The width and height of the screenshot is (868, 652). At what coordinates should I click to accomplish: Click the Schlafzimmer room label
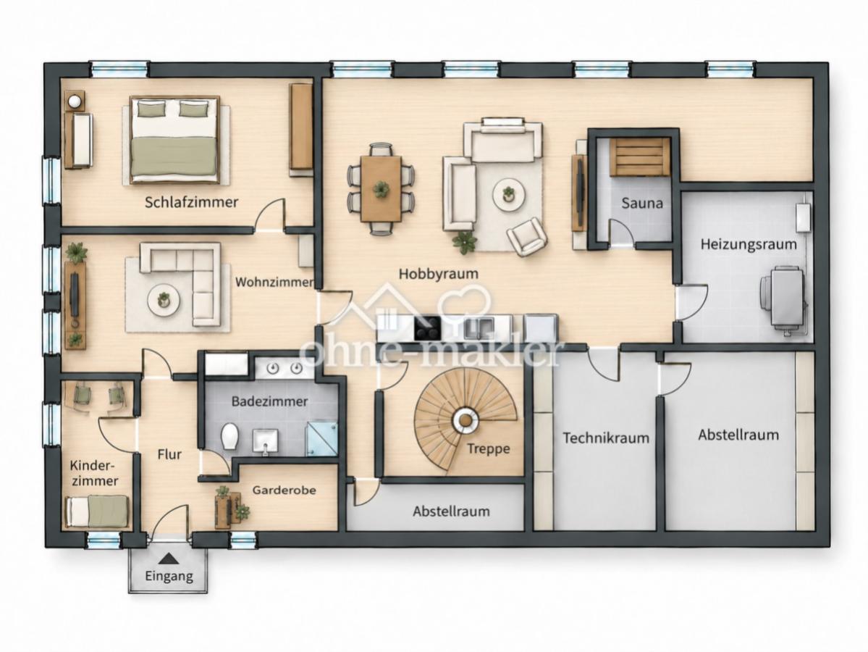[192, 202]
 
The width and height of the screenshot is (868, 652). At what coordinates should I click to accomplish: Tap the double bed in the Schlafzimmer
[175, 140]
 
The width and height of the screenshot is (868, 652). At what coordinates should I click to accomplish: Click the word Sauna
[642, 203]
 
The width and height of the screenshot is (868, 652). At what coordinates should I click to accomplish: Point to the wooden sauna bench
[639, 156]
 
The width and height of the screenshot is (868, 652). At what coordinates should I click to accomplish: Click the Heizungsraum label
[749, 243]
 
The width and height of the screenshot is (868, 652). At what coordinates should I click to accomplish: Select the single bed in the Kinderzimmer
[98, 511]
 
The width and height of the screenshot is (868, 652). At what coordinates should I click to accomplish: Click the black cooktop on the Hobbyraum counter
[427, 328]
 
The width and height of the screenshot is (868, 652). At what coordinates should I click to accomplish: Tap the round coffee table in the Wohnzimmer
[164, 300]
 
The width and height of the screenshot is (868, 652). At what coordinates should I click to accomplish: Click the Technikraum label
[606, 438]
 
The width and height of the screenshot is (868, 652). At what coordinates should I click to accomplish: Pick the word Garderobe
[284, 490]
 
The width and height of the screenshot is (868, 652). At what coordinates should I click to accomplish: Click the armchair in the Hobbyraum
[527, 237]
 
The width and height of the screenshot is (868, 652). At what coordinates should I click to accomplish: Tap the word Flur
[169, 455]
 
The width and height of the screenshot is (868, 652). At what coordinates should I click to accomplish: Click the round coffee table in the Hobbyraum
[508, 194]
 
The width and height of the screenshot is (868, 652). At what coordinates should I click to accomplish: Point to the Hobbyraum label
[439, 274]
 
